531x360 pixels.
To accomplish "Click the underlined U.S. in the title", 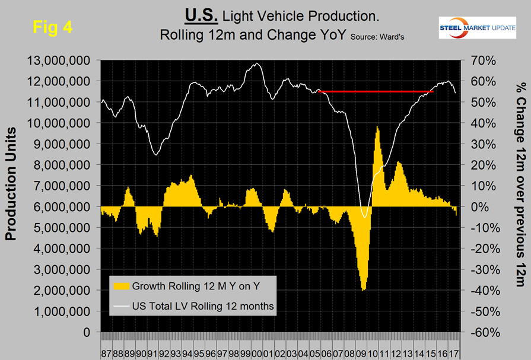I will pos(200,14).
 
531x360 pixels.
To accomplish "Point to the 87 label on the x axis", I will pos(104,344).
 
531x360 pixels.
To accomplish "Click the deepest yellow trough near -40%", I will pos(363,288).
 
